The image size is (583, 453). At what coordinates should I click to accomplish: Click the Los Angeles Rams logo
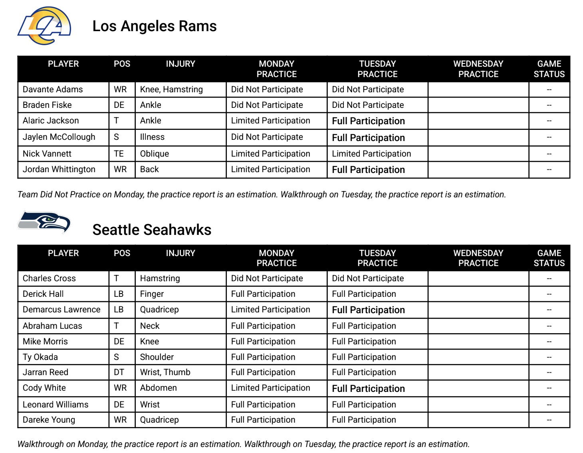[x=44, y=26]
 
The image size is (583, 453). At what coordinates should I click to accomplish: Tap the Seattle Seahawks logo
[x=44, y=222]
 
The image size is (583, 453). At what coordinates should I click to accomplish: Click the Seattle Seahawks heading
[x=152, y=230]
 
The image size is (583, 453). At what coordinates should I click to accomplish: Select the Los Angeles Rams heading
[x=155, y=26]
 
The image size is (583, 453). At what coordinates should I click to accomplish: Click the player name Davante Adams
[x=53, y=89]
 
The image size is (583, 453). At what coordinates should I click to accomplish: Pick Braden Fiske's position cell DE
[x=119, y=105]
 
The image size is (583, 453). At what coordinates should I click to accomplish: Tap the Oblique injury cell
[x=155, y=154]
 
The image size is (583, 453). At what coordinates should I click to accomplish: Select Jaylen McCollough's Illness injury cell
[x=152, y=137]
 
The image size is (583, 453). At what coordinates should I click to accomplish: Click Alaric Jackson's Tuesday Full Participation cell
[x=368, y=121]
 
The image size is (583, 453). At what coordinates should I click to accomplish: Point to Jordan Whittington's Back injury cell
[x=149, y=169]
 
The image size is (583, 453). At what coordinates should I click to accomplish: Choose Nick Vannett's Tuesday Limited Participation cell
[x=371, y=154]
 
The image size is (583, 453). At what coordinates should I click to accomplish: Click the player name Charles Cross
[x=49, y=278]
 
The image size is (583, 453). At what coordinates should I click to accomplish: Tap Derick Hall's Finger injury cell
[x=152, y=294]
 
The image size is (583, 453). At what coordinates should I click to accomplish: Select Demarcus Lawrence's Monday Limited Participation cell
[x=270, y=310]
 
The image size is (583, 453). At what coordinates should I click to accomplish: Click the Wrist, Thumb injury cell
[x=165, y=372]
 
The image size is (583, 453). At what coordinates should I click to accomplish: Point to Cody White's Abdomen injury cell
[x=158, y=388]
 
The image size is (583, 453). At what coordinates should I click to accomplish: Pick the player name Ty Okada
[x=40, y=357]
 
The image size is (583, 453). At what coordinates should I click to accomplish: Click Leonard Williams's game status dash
[x=549, y=405]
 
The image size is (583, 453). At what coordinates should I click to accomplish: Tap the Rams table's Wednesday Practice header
[x=478, y=69]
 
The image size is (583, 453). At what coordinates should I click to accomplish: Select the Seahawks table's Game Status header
[x=549, y=258]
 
